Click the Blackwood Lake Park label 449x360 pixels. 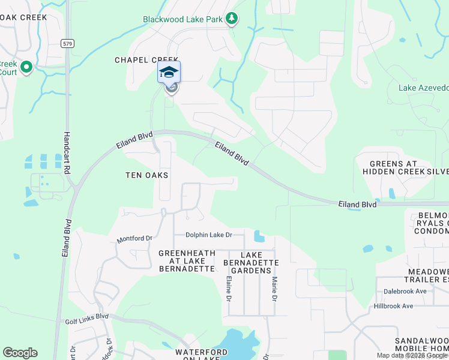tap(183, 19)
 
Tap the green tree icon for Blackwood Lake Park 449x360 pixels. tap(232, 19)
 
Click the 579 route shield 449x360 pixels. tap(67, 43)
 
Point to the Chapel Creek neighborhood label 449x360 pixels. tap(147, 60)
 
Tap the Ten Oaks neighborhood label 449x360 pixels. tap(146, 175)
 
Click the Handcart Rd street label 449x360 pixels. tap(67, 152)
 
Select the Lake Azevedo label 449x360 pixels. tap(424, 88)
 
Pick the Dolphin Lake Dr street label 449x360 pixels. tap(208, 235)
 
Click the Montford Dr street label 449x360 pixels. tap(134, 238)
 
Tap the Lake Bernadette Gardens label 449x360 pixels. tap(251, 263)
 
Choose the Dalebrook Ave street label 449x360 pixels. tap(405, 292)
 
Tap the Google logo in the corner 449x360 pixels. tap(20, 353)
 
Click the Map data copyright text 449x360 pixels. tap(411, 355)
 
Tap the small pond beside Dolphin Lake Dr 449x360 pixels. tap(259, 236)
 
